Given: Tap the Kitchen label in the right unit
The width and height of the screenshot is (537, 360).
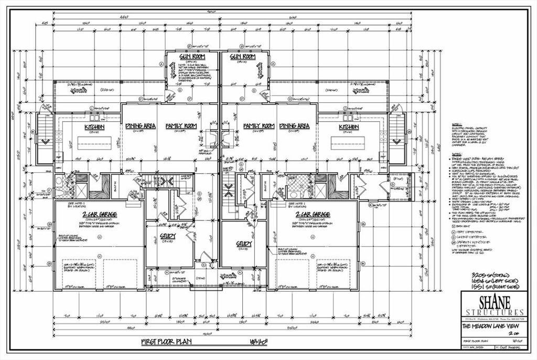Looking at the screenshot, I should (x=349, y=127).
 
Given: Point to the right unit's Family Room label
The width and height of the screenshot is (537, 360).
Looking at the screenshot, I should (x=259, y=126).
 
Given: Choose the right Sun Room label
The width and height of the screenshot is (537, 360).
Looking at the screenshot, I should (x=242, y=56).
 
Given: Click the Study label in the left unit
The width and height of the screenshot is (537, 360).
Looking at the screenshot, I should (x=168, y=237).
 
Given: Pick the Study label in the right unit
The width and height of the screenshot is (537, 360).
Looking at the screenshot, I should (x=244, y=243).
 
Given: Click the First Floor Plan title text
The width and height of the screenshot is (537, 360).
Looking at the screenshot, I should (x=167, y=342).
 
